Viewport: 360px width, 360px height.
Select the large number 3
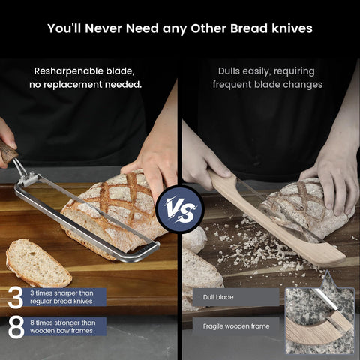click(15, 297)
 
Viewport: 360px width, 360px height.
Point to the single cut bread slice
click(37, 262)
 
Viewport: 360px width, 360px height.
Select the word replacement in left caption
click(84, 85)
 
